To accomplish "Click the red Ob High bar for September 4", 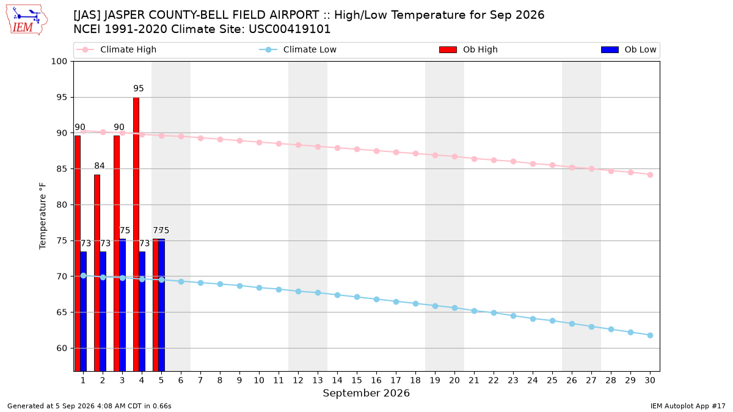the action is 136,234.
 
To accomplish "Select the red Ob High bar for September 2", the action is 97,273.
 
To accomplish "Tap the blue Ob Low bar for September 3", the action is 122,305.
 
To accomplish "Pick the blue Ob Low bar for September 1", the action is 84,311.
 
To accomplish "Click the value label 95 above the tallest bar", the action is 139,89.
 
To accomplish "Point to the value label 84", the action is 100,166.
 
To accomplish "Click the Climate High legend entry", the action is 117,49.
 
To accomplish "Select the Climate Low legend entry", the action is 298,49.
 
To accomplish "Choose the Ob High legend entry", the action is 469,49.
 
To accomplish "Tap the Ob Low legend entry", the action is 629,49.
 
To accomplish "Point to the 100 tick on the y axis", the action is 59,62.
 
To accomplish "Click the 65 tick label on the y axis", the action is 62,313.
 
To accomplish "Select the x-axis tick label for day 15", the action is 357,380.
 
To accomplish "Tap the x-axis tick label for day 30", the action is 650,380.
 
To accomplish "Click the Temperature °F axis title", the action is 43,216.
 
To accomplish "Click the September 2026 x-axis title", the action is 366,393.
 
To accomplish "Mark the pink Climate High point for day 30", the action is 650,175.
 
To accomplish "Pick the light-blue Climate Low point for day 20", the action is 454,308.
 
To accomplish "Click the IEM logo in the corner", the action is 26,20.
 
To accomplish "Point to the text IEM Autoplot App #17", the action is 688,406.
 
